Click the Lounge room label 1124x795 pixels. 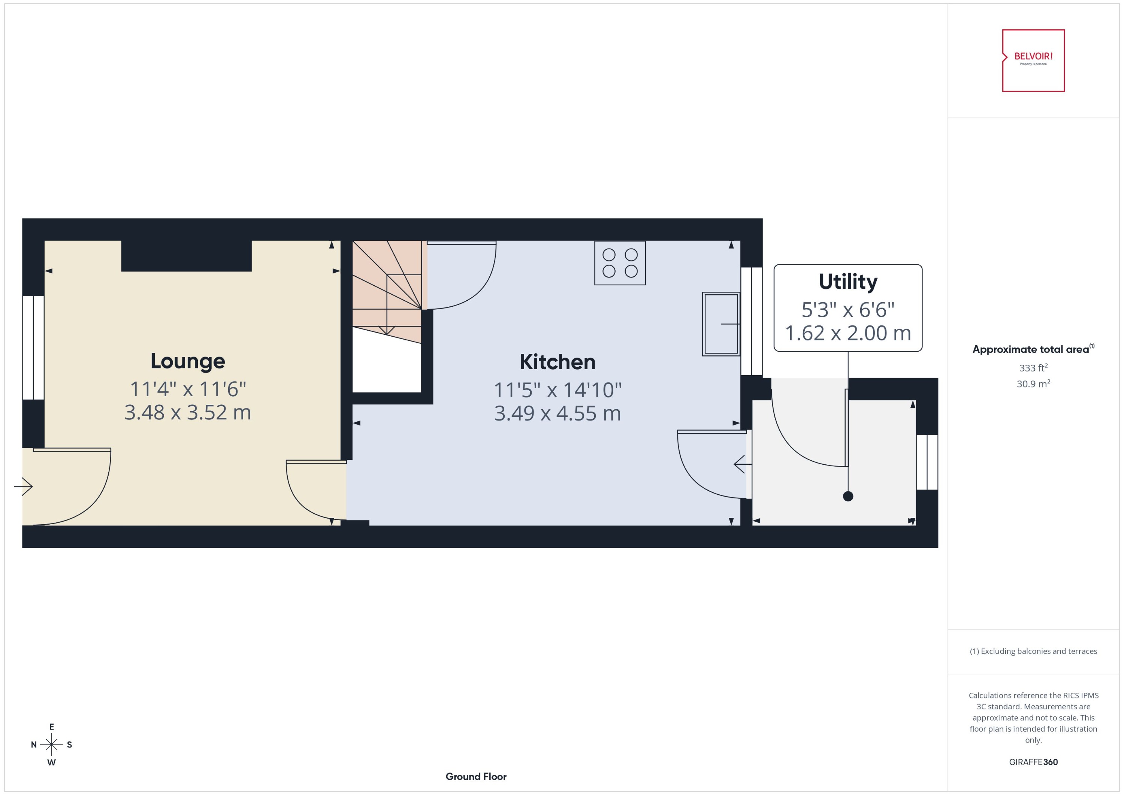click(x=188, y=361)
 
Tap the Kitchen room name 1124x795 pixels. click(x=558, y=362)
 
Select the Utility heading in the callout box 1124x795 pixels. click(x=848, y=282)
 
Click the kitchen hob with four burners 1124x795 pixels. click(x=620, y=263)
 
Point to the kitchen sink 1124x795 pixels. click(x=720, y=324)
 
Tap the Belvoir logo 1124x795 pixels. click(x=1033, y=60)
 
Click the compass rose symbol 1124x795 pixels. click(x=51, y=744)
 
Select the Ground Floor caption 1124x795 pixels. click(x=475, y=776)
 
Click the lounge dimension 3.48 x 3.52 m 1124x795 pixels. click(x=188, y=413)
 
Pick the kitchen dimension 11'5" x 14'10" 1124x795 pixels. click(x=558, y=390)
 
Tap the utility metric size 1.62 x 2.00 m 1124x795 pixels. click(x=848, y=333)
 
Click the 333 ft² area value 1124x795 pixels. click(x=1033, y=368)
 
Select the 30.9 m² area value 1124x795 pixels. click(x=1033, y=384)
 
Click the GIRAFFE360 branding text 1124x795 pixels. click(x=1033, y=762)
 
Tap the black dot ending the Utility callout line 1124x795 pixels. click(x=848, y=497)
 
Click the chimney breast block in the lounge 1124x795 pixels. click(x=186, y=255)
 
